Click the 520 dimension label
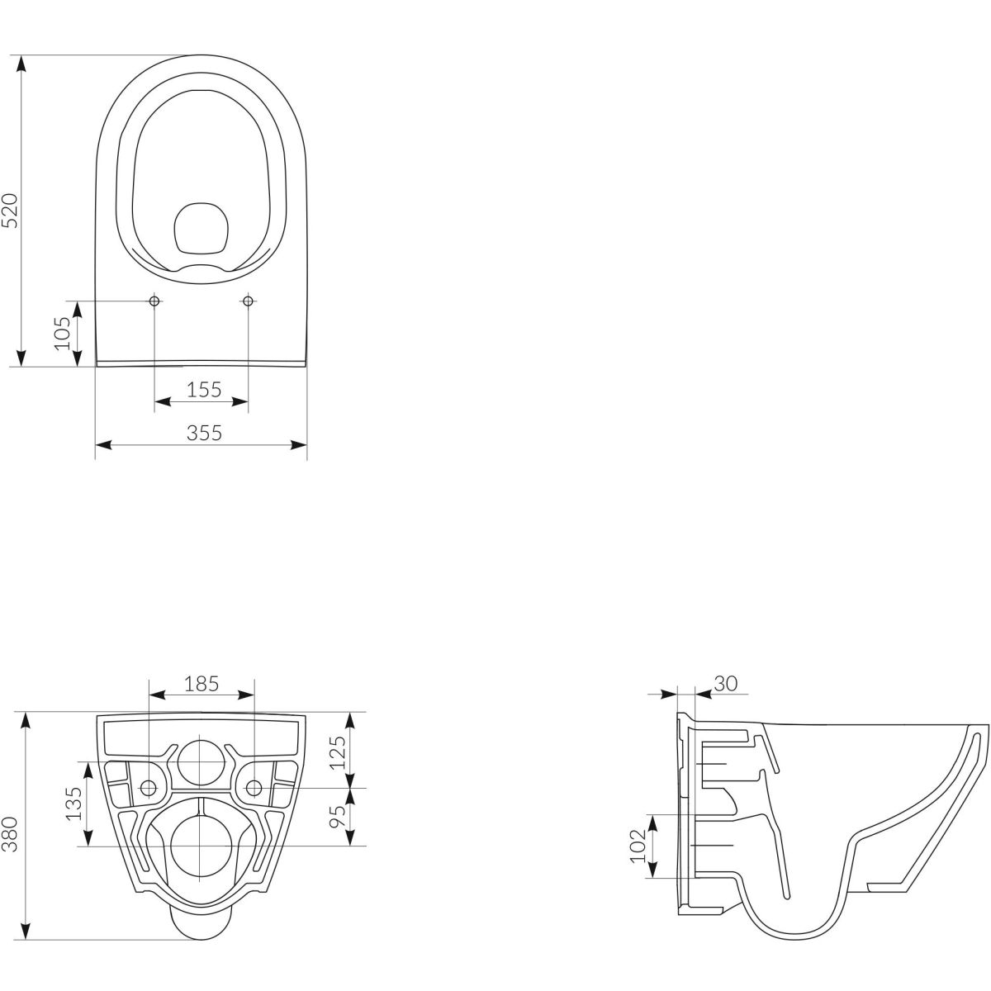(11, 211)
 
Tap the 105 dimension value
(63, 334)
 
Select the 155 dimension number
(204, 390)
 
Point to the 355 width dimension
(204, 433)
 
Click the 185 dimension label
(202, 684)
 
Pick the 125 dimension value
(338, 752)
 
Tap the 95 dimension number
(338, 816)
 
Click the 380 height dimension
(11, 833)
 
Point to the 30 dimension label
(726, 683)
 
